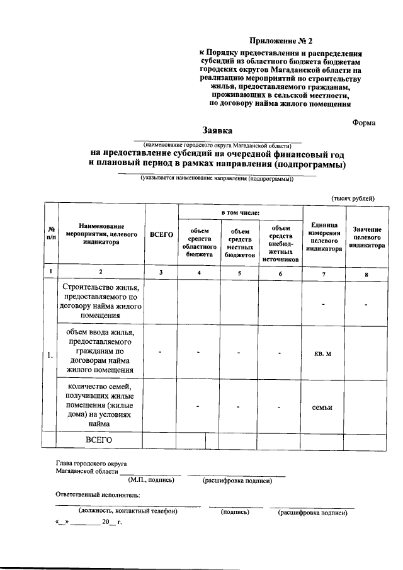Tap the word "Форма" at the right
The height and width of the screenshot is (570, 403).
click(x=363, y=123)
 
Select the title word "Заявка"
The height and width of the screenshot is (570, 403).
click(x=217, y=131)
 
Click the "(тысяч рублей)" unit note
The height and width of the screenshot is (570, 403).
click(x=353, y=198)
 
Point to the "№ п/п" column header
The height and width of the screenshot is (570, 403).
click(x=50, y=234)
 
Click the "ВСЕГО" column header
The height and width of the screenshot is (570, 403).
click(x=161, y=234)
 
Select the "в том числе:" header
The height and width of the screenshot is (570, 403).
click(x=240, y=214)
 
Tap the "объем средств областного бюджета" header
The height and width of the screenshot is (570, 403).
click(x=199, y=242)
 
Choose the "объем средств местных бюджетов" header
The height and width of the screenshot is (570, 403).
click(x=239, y=242)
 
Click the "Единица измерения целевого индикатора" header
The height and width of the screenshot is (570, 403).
click(x=324, y=237)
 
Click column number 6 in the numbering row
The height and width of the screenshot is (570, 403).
click(x=281, y=272)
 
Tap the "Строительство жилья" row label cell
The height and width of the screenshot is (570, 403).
click(x=100, y=301)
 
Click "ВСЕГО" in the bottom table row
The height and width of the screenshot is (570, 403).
click(x=99, y=440)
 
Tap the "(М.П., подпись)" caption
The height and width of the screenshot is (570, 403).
click(x=151, y=481)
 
